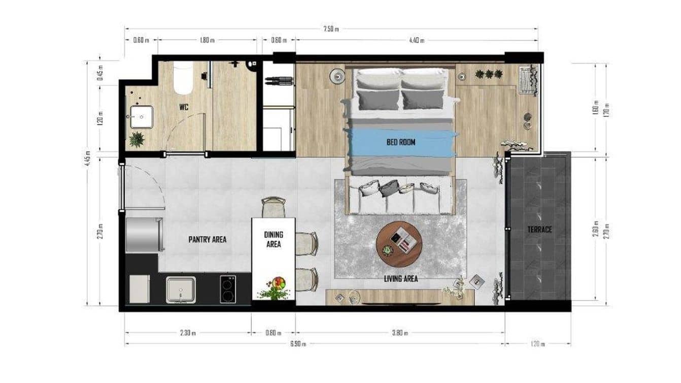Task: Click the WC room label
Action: point(183,108)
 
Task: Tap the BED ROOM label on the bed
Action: point(400,142)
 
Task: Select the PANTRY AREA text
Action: point(207,239)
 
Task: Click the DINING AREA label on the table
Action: point(274,239)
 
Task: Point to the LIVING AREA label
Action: point(400,278)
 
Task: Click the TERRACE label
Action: point(539,230)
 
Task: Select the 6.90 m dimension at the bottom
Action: point(298,344)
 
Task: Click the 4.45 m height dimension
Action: point(88,160)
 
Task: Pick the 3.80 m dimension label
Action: point(400,334)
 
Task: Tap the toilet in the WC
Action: point(183,79)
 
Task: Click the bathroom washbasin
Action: point(141,117)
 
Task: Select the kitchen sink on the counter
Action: point(181,290)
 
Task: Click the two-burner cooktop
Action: point(228,289)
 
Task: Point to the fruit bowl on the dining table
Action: point(278,282)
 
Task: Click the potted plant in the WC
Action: point(136,139)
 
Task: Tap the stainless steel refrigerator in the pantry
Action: point(144,234)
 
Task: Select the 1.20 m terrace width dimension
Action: point(538,344)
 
